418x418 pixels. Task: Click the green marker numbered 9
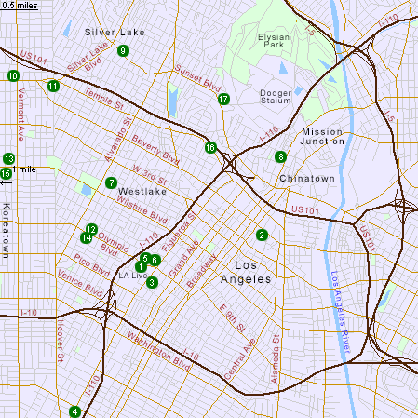click(123, 50)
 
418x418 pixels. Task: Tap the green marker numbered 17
click(223, 99)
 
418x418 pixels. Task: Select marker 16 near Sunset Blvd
click(210, 147)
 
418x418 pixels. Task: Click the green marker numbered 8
click(280, 157)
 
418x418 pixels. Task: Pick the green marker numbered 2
click(262, 235)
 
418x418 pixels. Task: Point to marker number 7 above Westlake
click(111, 183)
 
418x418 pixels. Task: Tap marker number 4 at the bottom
click(74, 411)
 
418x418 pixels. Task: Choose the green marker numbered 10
click(12, 76)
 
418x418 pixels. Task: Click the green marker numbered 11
click(53, 87)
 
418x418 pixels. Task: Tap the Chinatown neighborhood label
click(306, 178)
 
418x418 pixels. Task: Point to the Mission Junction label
click(322, 138)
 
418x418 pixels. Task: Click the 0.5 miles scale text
click(20, 6)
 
